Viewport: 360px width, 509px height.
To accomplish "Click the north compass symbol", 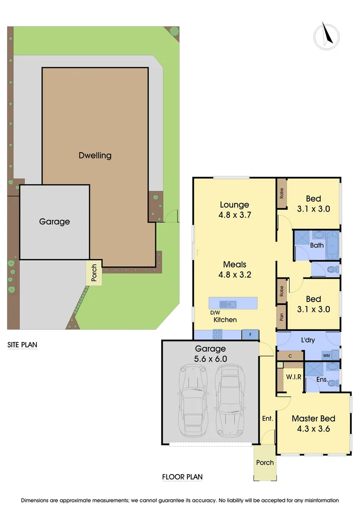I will tap(327, 35).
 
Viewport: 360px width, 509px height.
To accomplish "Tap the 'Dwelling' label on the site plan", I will tap(95, 155).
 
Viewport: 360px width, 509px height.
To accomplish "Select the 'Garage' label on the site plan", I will tap(54, 222).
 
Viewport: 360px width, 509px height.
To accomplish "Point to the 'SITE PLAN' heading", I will tap(22, 345).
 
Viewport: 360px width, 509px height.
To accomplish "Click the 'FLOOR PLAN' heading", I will tap(182, 477).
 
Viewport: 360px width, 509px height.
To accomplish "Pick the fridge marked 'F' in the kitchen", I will tap(250, 334).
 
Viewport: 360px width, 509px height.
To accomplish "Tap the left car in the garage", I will tap(192, 401).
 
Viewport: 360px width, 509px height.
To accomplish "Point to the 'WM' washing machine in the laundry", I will tap(327, 355).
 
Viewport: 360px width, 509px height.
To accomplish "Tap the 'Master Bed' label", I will tap(313, 419).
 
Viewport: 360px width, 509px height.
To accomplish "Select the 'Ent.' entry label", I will tap(268, 418).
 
